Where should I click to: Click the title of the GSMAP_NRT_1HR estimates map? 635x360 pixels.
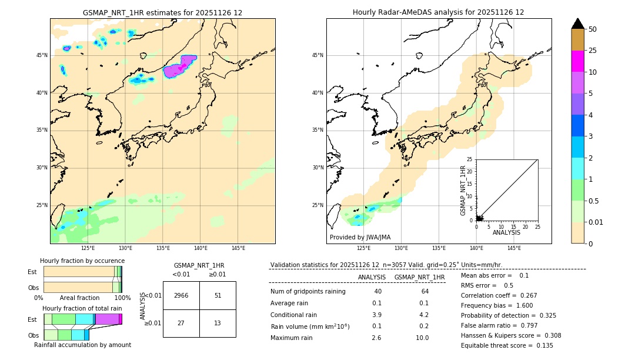162,12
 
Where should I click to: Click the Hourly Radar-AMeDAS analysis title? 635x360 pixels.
438,12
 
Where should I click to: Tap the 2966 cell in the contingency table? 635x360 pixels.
181,295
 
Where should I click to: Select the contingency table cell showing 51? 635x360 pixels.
218,295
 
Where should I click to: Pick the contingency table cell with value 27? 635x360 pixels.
181,323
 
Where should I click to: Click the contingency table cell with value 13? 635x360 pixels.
218,323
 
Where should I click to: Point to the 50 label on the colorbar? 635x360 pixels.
593,29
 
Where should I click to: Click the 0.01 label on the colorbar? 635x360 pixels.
596,222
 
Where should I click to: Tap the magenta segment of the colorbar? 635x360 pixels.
577,61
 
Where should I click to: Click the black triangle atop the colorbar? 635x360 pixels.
577,24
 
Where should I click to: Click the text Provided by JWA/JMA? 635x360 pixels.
360,237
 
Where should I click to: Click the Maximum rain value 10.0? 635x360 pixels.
423,338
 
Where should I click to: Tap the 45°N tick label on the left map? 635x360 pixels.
42,55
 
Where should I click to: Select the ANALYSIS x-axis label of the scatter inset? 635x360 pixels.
506,232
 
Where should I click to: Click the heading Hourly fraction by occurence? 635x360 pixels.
82,261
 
